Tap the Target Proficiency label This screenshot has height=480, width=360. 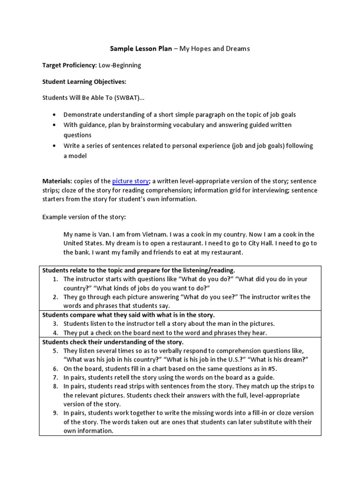pos(69,65)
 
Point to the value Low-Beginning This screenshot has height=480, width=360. pos(120,65)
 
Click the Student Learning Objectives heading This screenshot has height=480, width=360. pos(84,82)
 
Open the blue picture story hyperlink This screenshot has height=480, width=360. pos(130,181)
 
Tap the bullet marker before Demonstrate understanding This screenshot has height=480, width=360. pos(54,114)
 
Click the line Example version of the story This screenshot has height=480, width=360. pos(84,217)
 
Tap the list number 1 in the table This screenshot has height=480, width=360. pos(55,279)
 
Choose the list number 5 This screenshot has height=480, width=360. pos(55,351)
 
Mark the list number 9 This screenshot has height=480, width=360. pos(55,413)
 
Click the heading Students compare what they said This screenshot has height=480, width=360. pos(128,315)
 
